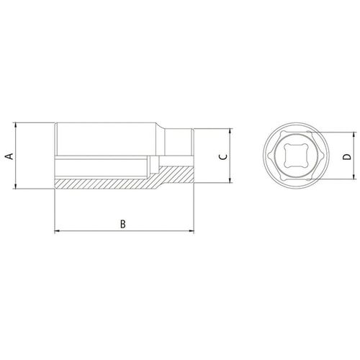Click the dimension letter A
[x=9, y=156]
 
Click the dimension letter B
[x=123, y=224]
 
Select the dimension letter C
[x=223, y=157]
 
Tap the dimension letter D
[x=347, y=157]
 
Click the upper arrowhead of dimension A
[x=16, y=125]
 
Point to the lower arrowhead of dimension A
[x=16, y=186]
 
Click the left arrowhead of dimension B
[x=58, y=231]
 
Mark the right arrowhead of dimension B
[x=192, y=231]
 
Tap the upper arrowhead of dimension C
[x=230, y=132]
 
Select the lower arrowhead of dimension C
[x=230, y=180]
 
